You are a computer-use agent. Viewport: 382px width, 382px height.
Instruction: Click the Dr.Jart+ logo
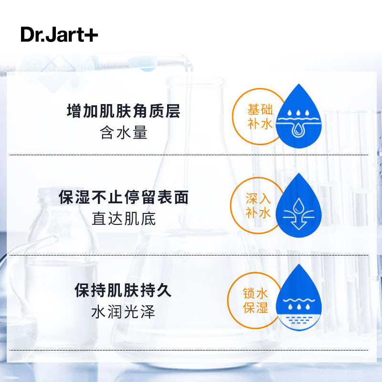tap(59, 34)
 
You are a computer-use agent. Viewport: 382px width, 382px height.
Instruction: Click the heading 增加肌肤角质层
tap(124, 111)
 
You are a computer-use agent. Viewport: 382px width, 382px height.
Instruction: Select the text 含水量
tap(124, 133)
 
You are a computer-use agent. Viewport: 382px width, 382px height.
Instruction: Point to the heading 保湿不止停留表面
tap(124, 197)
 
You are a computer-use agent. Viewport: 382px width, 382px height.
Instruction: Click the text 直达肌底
tap(124, 219)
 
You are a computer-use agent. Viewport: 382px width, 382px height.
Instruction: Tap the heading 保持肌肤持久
tap(123, 290)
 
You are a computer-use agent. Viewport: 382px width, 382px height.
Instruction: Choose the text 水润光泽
tap(123, 312)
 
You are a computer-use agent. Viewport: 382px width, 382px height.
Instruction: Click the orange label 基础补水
tap(260, 117)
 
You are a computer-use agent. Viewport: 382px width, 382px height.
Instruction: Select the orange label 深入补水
tap(258, 206)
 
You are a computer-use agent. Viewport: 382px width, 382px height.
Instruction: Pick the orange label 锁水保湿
tap(255, 300)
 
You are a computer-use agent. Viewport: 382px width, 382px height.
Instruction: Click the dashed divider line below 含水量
tap(189, 155)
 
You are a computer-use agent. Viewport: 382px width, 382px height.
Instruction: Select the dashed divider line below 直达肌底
tap(189, 255)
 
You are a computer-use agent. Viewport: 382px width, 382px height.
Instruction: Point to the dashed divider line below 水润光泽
tap(189, 350)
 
